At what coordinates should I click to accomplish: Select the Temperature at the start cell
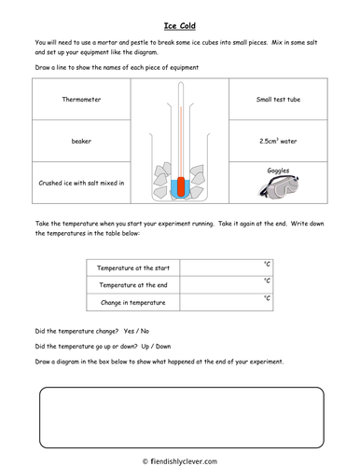point(132,268)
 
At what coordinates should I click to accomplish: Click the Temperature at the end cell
point(132,285)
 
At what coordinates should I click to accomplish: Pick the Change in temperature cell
point(132,302)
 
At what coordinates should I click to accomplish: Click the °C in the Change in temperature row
point(268,298)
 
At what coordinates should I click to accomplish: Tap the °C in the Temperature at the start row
point(268,265)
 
